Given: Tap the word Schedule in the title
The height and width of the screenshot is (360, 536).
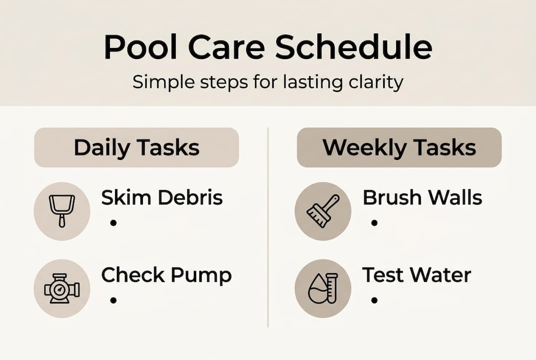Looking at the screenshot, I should tap(353, 47).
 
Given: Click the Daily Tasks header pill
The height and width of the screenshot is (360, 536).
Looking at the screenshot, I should tap(136, 147).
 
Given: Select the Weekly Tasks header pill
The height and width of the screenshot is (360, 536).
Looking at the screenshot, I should tap(399, 147).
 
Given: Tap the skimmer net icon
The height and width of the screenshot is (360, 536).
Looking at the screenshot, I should tap(62, 211).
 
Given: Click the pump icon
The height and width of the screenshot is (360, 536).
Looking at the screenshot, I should tap(62, 288).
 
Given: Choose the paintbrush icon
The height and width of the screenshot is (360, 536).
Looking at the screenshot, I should tap(323, 211).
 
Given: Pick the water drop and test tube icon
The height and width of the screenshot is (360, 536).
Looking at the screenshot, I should tap(323, 288).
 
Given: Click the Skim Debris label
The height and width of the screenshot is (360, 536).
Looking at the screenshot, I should tap(162, 198).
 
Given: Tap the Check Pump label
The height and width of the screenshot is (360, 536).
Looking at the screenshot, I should tap(166, 275).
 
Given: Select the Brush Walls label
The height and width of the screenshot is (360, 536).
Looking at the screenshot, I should tap(422, 198).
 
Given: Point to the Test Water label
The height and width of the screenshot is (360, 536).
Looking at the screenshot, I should tap(416, 275).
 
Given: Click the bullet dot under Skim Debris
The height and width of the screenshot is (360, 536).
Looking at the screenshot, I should tap(113, 222).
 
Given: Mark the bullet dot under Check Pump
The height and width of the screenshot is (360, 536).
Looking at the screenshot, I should tap(113, 300).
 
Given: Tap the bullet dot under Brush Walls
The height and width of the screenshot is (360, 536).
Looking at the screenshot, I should tap(374, 222).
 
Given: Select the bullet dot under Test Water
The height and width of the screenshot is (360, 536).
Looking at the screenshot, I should tap(374, 300).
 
